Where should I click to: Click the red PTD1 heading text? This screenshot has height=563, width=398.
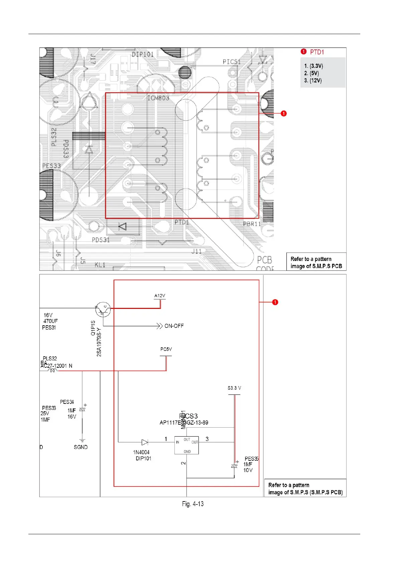317,52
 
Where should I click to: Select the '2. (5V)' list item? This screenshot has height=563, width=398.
311,73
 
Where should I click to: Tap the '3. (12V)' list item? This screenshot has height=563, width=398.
313,81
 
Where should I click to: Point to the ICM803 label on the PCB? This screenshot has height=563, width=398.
158,98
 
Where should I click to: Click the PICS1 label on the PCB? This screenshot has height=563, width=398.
232,62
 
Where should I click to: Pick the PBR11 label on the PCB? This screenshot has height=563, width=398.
252,224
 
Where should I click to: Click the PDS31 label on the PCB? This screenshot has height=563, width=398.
101,240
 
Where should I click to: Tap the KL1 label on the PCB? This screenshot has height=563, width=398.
100,265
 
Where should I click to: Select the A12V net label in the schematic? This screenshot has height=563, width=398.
160,296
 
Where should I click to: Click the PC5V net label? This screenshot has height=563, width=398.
166,349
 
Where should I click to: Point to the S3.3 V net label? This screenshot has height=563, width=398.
234,388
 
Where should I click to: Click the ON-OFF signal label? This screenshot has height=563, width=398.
174,326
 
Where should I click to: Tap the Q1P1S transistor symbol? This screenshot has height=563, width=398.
103,310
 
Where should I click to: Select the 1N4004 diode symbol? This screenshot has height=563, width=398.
145,442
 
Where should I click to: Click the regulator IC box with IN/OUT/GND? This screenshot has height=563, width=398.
186,445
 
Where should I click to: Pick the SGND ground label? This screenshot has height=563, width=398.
81,447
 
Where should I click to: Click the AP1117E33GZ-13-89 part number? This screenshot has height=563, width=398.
184,423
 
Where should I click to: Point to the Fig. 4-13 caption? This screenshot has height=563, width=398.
193,504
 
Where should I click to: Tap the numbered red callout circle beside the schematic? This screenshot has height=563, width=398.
275,302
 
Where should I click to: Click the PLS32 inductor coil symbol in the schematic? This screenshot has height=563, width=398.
53,370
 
